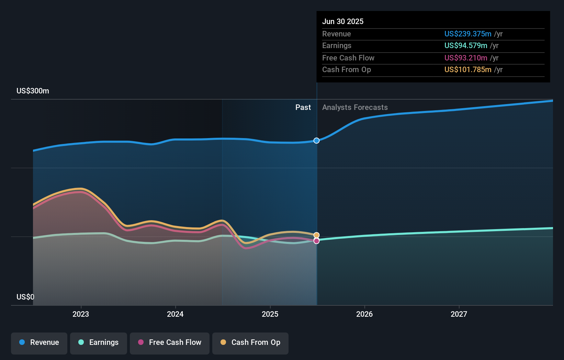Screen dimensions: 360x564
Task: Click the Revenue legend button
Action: pos(39,342)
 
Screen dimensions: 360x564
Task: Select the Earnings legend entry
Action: pos(99,342)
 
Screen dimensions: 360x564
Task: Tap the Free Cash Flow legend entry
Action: pos(170,342)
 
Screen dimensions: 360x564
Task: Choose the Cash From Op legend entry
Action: pos(250,342)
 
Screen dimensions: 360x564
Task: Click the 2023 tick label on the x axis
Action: pos(81,314)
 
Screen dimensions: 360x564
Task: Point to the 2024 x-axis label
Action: pos(175,314)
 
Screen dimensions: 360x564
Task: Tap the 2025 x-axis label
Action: pos(270,314)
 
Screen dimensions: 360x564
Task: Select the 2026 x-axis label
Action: pos(364,314)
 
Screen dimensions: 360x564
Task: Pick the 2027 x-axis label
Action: pos(459,314)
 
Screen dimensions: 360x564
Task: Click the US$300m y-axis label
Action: pos(33,91)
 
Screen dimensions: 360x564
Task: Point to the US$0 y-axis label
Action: pos(25,297)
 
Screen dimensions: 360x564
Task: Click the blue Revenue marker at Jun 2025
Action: pos(316,140)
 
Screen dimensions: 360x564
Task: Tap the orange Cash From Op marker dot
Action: pos(316,235)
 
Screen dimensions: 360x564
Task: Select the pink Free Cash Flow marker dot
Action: pos(316,241)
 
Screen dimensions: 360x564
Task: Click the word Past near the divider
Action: pos(303,108)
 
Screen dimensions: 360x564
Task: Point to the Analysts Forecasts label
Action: pos(355,108)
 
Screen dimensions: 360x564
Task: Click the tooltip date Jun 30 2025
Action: pos(342,21)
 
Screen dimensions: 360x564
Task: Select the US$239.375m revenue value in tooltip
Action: pos(467,34)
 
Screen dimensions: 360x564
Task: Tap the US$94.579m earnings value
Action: pos(465,45)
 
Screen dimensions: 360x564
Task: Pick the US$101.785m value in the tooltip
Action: pos(467,69)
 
